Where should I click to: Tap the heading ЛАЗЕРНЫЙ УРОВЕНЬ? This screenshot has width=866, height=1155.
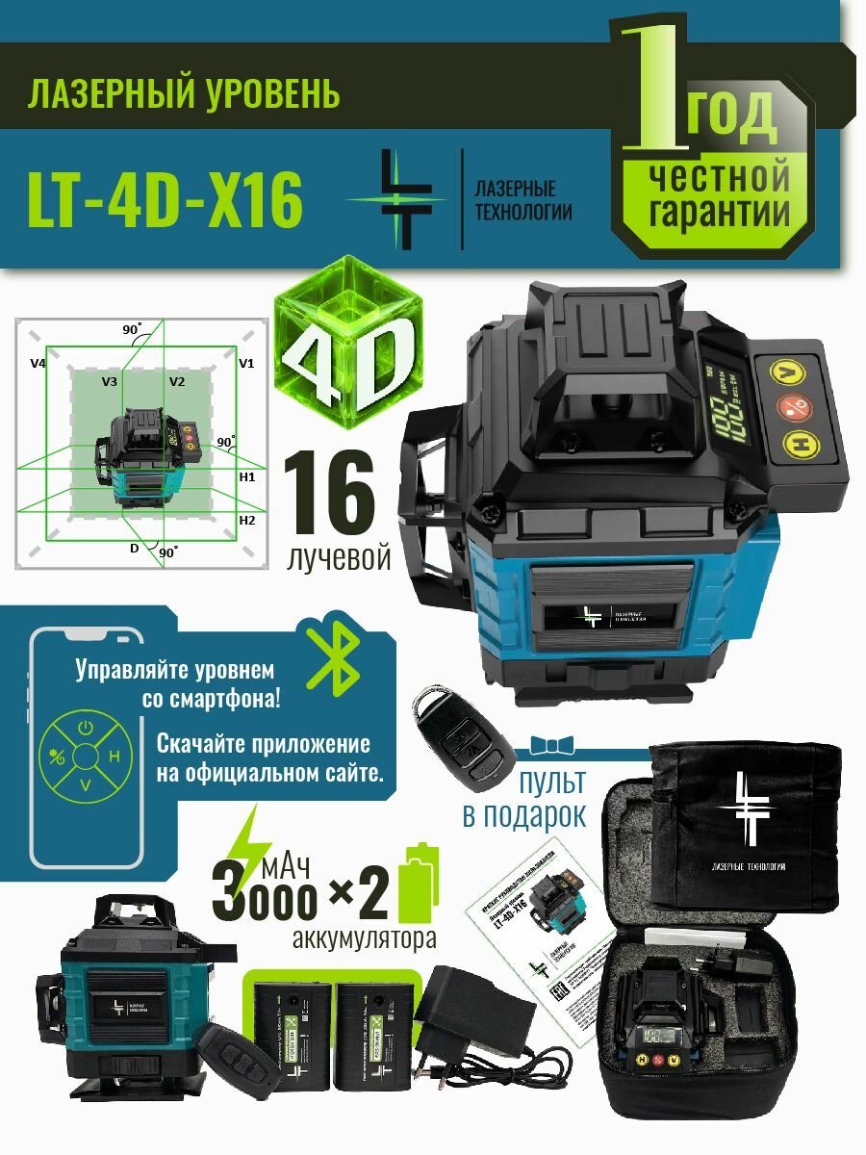(x=184, y=95)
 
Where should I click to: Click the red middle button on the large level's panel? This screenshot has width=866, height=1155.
(x=791, y=405)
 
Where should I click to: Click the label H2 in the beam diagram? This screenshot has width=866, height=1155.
(x=247, y=520)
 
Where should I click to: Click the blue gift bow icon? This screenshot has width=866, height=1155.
(x=551, y=746)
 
